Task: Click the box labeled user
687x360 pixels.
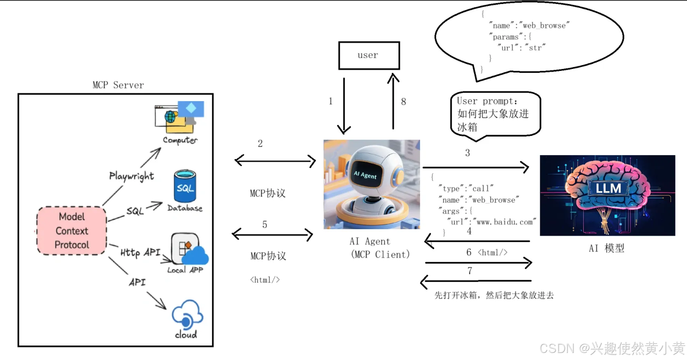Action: (x=369, y=56)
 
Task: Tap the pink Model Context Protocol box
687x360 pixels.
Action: (x=72, y=231)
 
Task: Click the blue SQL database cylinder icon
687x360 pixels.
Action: (x=185, y=186)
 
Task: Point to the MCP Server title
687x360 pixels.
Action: (x=118, y=85)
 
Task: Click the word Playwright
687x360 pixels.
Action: (x=132, y=176)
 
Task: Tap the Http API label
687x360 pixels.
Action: (x=140, y=252)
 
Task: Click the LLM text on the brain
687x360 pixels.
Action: (x=608, y=188)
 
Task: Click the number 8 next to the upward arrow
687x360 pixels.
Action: (x=403, y=102)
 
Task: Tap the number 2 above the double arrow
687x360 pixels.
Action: (x=260, y=144)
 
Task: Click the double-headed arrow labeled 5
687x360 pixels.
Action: (x=272, y=235)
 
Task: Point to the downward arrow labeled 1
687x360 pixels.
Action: (x=344, y=106)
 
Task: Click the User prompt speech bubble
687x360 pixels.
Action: (x=495, y=114)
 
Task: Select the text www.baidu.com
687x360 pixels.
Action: (x=505, y=222)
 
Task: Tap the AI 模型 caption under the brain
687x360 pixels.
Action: (x=606, y=248)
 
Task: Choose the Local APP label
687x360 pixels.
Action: (x=185, y=270)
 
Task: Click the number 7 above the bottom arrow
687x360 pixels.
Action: (x=470, y=271)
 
